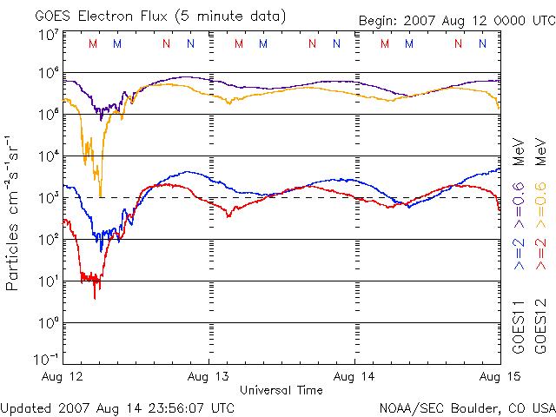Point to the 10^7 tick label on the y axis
48,35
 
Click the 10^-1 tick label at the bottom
48,359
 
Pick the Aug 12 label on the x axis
62,377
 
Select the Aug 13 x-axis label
208,377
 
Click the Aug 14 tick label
354,377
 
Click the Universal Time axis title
281,390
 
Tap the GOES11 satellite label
519,328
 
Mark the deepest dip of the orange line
100,195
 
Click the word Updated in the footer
26,407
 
